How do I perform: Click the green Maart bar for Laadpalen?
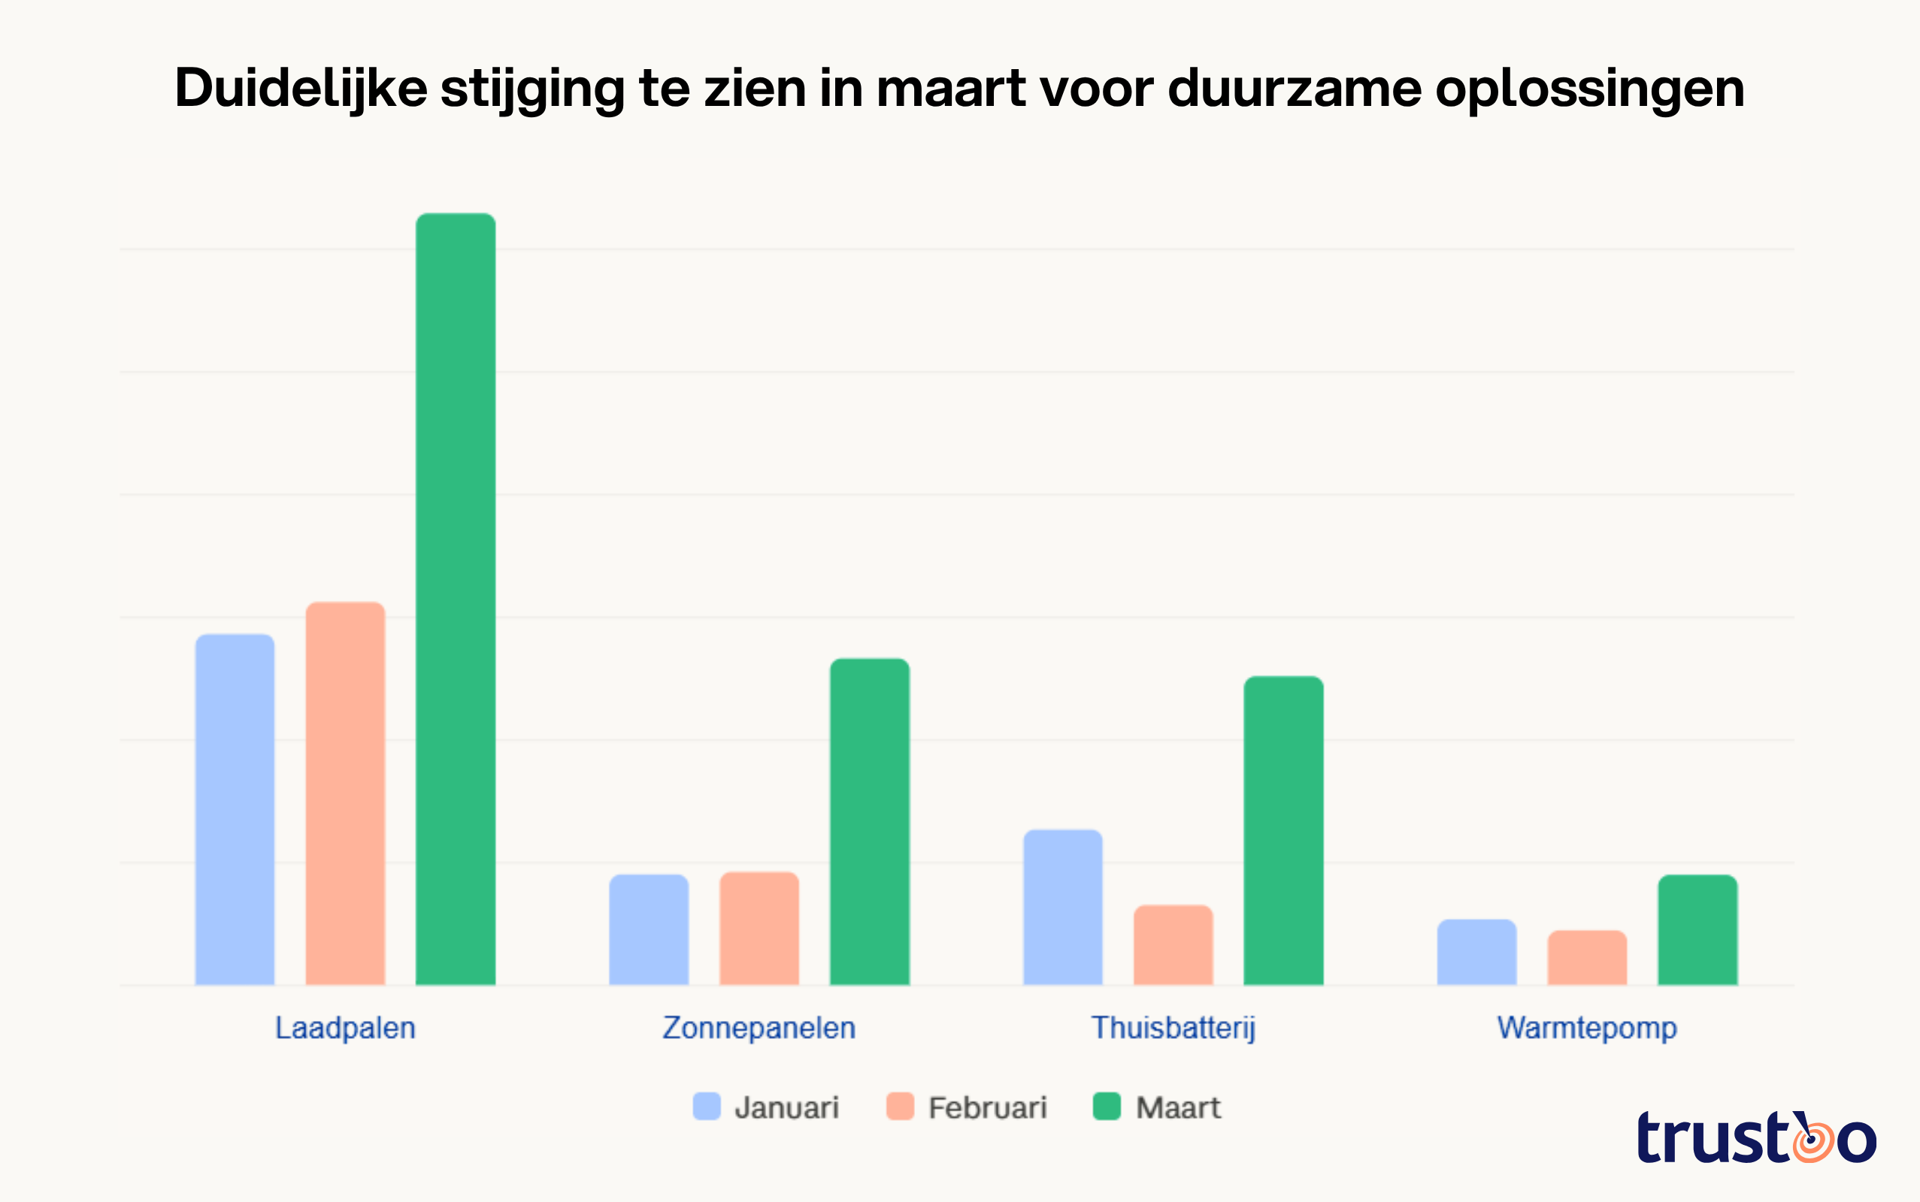pos(456,599)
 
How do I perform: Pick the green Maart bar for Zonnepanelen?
pos(869,822)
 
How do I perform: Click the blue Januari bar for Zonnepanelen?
pos(648,929)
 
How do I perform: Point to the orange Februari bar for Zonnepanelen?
pos(759,928)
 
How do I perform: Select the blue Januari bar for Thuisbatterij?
pos(1062,907)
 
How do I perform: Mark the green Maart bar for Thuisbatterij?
pos(1284,831)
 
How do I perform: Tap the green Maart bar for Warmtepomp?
pos(1697,929)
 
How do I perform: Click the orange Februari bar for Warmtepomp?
pos(1587,957)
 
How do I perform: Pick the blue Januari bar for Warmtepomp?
pos(1476,952)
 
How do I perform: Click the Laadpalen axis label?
pos(345,1028)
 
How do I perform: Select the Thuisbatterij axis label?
pos(1174,1028)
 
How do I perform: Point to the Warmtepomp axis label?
pos(1587,1028)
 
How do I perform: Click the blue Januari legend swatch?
pos(706,1106)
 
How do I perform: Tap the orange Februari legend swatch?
pos(900,1106)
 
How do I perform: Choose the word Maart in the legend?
pos(1177,1107)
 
